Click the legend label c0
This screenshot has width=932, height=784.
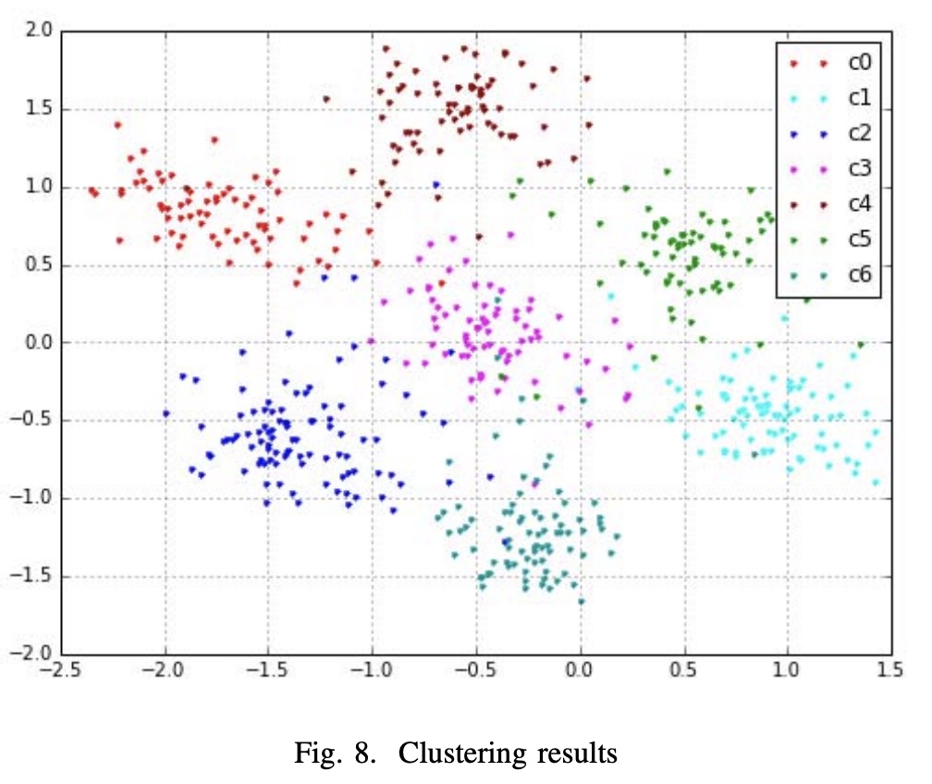click(860, 63)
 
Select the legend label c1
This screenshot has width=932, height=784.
click(860, 98)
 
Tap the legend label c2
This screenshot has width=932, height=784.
click(860, 133)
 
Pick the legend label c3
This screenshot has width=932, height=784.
click(860, 168)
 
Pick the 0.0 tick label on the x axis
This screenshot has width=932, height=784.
click(580, 672)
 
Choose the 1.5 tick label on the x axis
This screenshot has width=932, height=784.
click(890, 672)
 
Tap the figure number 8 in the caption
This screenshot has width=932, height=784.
click(371, 753)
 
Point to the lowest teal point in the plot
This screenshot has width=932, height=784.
click(582, 601)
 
